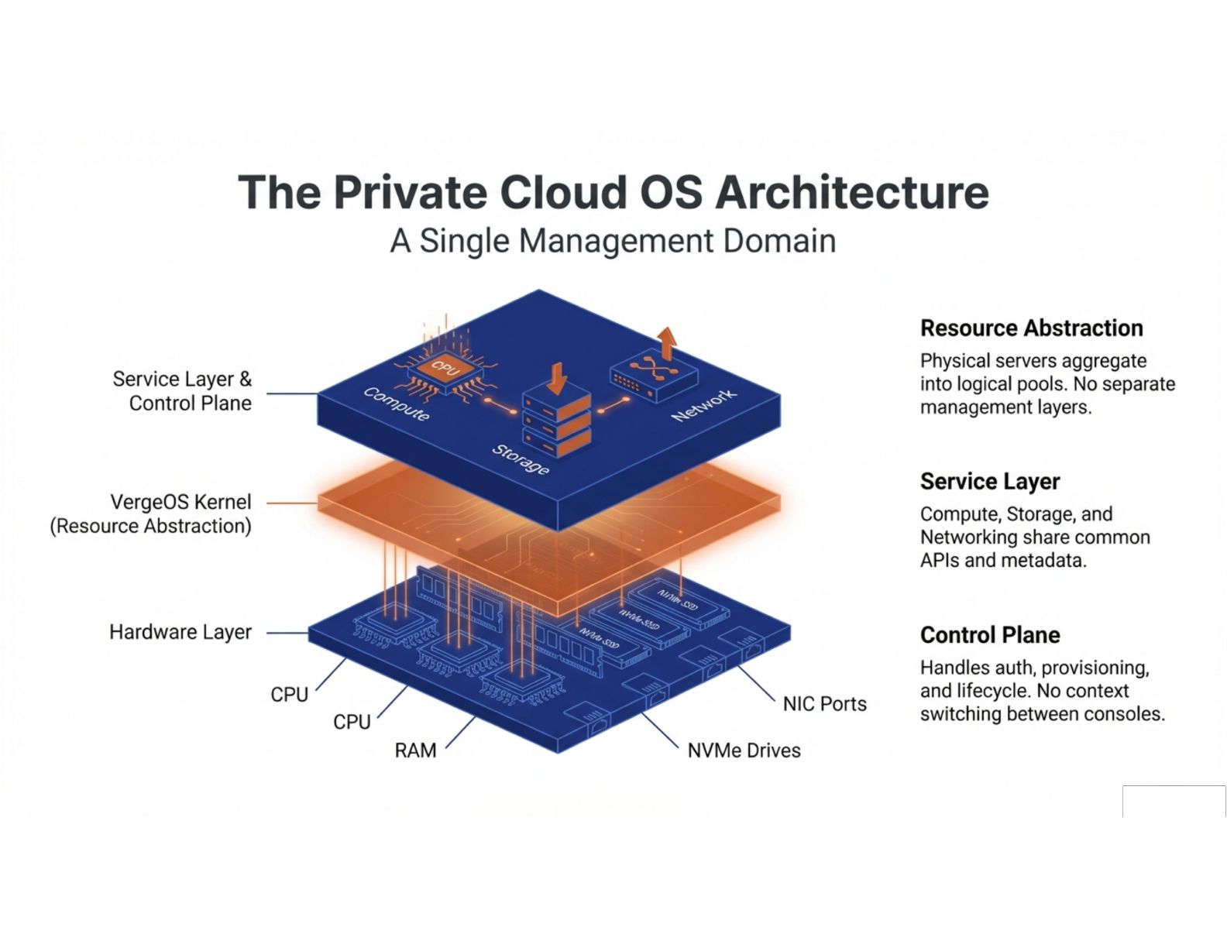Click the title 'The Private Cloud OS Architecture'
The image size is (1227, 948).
point(613,192)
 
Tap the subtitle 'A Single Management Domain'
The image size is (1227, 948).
point(613,241)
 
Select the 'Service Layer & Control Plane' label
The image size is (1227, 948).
point(183,391)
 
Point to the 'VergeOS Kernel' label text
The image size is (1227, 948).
point(180,502)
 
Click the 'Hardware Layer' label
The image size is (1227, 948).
point(180,632)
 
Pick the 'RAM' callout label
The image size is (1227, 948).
point(415,750)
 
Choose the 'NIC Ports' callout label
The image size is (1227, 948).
point(824,704)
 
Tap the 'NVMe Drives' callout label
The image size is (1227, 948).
point(744,750)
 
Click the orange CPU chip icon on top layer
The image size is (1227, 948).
point(445,369)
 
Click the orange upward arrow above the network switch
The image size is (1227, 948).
point(666,342)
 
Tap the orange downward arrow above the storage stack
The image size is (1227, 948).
point(556,378)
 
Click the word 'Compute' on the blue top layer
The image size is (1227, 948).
point(397,404)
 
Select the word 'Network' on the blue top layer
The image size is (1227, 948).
point(703,406)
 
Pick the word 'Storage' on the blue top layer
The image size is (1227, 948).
point(521,460)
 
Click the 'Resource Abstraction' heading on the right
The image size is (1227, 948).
point(1031,328)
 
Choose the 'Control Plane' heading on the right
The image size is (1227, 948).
point(990,635)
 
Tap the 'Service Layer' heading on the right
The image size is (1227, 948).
point(990,482)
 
